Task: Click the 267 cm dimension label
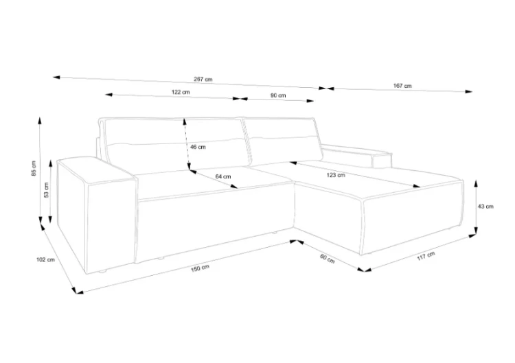tap(203, 79)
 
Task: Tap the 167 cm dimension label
tap(402, 86)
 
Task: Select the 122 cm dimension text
tap(181, 92)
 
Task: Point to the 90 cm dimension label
tap(278, 95)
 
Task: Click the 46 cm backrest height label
tap(198, 147)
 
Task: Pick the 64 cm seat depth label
tap(223, 176)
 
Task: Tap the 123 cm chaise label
tap(336, 175)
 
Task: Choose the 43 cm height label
tap(485, 207)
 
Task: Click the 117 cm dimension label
tap(426, 256)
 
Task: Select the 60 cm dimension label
tap(327, 259)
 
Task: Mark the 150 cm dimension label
tap(200, 268)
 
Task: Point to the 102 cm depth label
tap(45, 259)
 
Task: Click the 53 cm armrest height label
tap(46, 189)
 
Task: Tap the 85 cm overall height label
tap(34, 168)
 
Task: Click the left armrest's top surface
tap(95, 168)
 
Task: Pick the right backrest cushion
tap(283, 141)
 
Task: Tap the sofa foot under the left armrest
tap(102, 272)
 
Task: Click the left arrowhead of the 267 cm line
tap(56, 78)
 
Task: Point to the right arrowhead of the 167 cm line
tap(469, 91)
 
